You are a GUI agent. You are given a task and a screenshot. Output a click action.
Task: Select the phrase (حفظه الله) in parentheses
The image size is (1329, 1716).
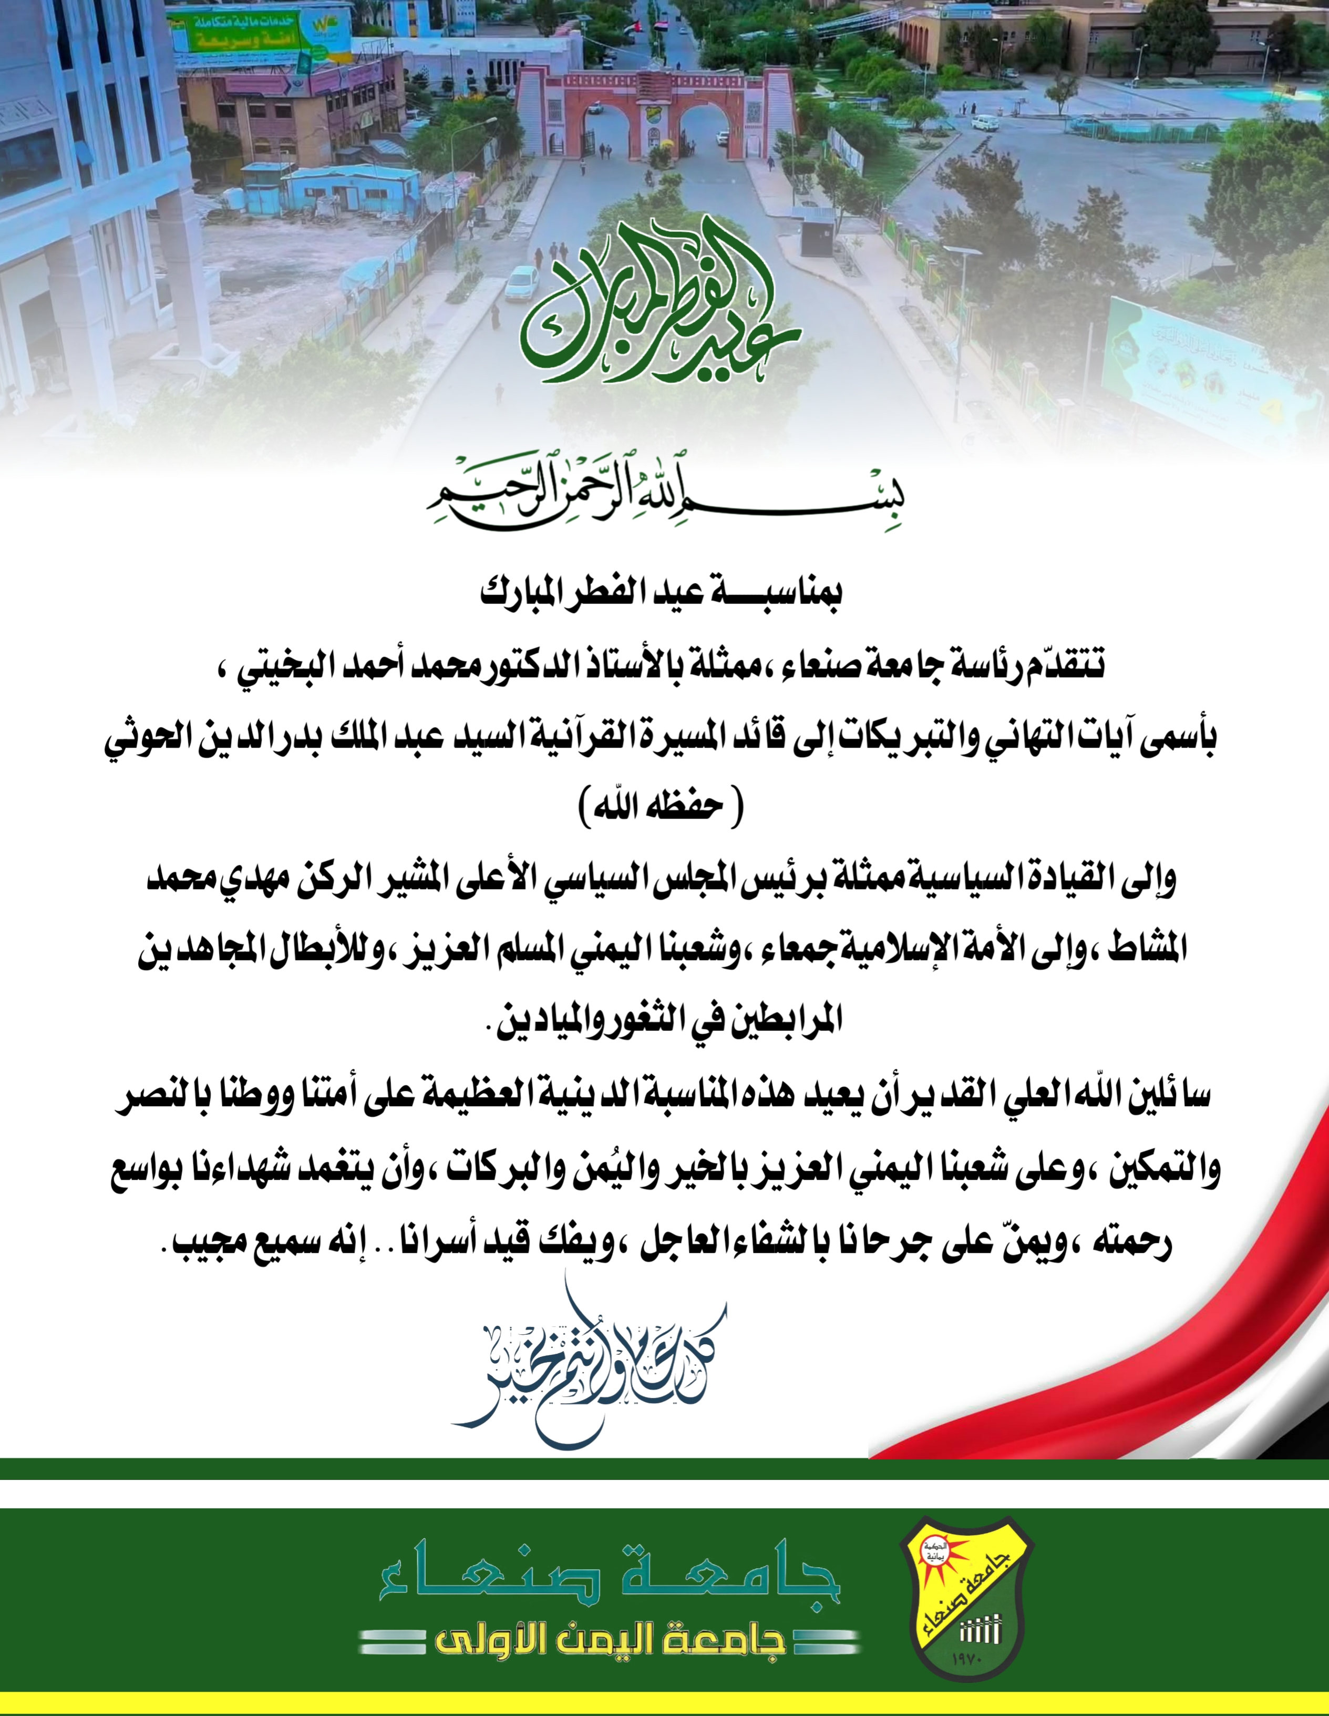click(660, 807)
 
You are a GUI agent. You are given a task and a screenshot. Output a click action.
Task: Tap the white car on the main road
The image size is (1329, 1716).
click(521, 281)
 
